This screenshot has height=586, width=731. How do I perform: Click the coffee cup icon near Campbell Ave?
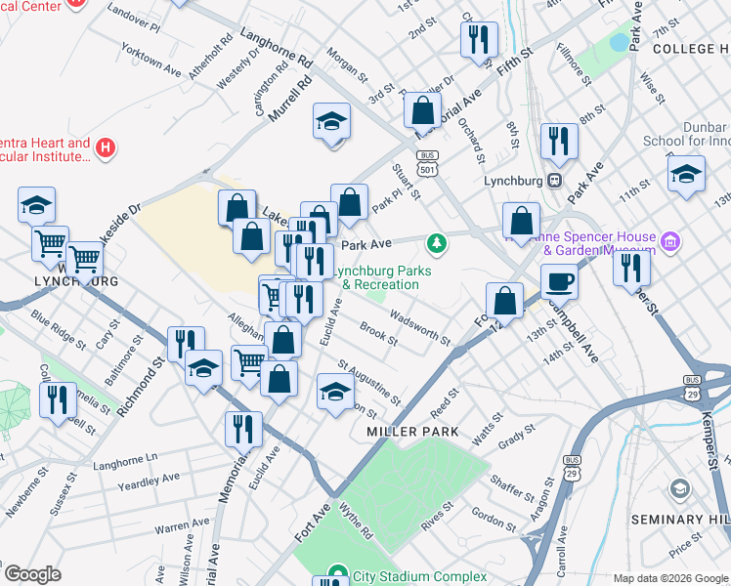[560, 282]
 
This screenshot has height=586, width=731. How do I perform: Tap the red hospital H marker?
[107, 149]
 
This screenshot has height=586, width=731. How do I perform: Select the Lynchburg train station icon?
[555, 180]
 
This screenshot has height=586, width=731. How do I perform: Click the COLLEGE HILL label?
[691, 48]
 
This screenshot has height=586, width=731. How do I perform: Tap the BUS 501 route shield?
[427, 163]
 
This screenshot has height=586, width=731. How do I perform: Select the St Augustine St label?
[369, 382]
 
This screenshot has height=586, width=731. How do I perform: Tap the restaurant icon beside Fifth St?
[478, 40]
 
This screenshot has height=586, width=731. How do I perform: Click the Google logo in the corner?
[32, 574]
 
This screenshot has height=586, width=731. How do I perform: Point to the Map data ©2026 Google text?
[669, 578]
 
